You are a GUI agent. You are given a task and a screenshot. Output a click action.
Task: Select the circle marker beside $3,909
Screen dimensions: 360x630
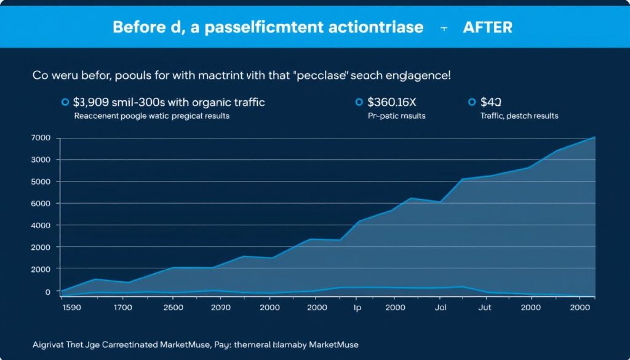pos(65,102)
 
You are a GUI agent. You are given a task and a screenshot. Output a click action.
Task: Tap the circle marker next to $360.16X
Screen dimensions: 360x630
pos(359,102)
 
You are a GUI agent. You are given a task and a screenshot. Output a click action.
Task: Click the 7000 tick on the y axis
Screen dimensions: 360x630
pos(41,138)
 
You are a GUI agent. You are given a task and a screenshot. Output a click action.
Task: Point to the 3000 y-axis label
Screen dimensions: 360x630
pos(41,160)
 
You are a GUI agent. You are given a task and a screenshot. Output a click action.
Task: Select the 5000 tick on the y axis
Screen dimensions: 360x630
pos(41,182)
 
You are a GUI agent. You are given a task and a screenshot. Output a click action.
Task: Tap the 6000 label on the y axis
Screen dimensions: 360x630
pos(41,204)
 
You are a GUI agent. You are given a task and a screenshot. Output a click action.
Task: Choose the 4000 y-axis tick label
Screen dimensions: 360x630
pos(41,225)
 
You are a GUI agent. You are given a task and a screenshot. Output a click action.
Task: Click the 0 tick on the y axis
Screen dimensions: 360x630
pos(47,292)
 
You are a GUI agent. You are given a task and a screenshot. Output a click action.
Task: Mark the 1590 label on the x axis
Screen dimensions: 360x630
pos(73,307)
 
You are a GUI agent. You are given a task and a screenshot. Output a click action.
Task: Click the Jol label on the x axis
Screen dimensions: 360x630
pos(440,307)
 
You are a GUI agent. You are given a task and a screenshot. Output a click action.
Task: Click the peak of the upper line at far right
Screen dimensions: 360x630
pos(594,137)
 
